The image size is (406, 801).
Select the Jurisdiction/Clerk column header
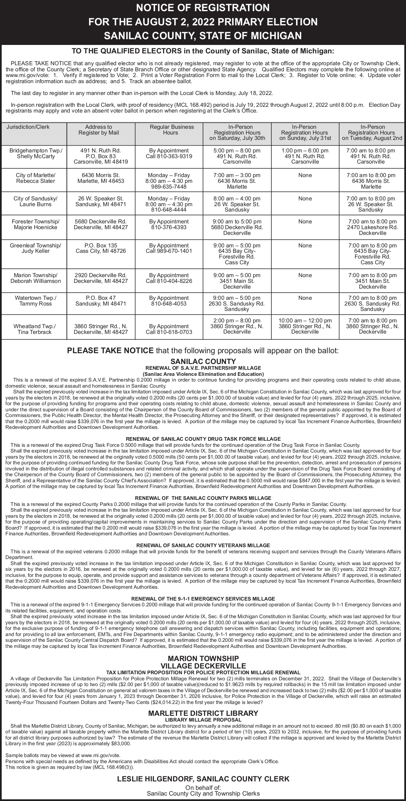(x=28, y=127)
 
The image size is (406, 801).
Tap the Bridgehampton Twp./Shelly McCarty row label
(x=36, y=153)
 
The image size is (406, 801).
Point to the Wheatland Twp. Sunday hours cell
(x=305, y=326)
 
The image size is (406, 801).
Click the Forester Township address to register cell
(x=101, y=224)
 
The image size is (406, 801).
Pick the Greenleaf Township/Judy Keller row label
(x=36, y=248)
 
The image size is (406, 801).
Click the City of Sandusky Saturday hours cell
(x=237, y=204)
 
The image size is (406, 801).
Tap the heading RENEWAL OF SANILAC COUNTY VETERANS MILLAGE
(x=203, y=545)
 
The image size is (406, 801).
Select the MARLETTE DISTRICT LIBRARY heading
(x=203, y=713)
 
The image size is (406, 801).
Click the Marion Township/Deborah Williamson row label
(x=36, y=278)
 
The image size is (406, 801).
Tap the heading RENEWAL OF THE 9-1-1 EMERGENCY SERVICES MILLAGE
(x=203, y=599)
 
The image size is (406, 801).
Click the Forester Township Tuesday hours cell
(x=372, y=227)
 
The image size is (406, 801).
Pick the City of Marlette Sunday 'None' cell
(x=305, y=175)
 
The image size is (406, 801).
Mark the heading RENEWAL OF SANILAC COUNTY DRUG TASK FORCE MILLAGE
(x=203, y=439)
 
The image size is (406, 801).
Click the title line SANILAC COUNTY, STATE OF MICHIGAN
(x=203, y=36)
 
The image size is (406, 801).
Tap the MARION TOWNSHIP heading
(x=203, y=658)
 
